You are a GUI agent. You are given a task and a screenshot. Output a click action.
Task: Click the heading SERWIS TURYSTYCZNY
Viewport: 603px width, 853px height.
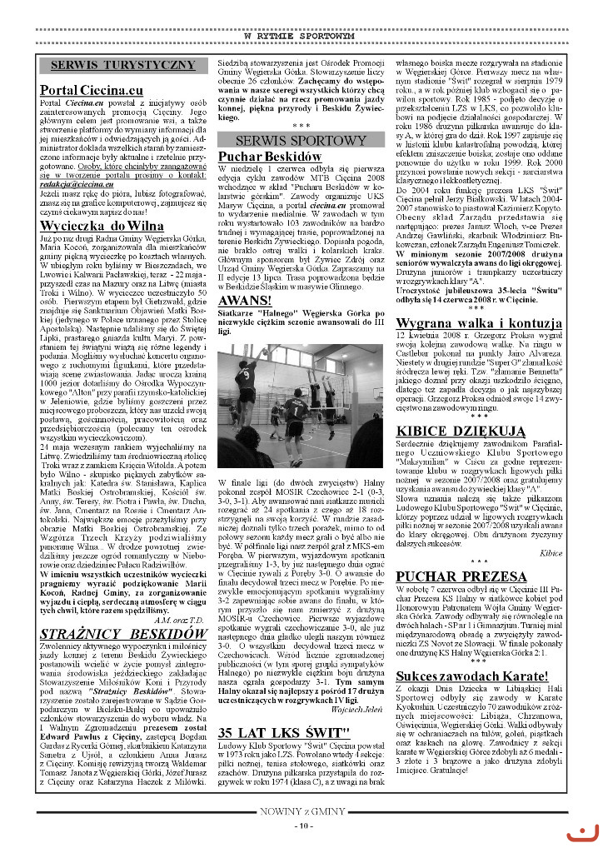click(x=122, y=65)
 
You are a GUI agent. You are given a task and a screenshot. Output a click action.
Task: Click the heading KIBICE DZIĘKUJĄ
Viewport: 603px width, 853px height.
click(x=456, y=430)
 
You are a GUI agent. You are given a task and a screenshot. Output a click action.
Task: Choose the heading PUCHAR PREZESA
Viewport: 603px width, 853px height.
click(x=455, y=575)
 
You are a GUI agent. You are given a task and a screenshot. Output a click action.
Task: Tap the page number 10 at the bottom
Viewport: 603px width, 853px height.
click(x=301, y=826)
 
